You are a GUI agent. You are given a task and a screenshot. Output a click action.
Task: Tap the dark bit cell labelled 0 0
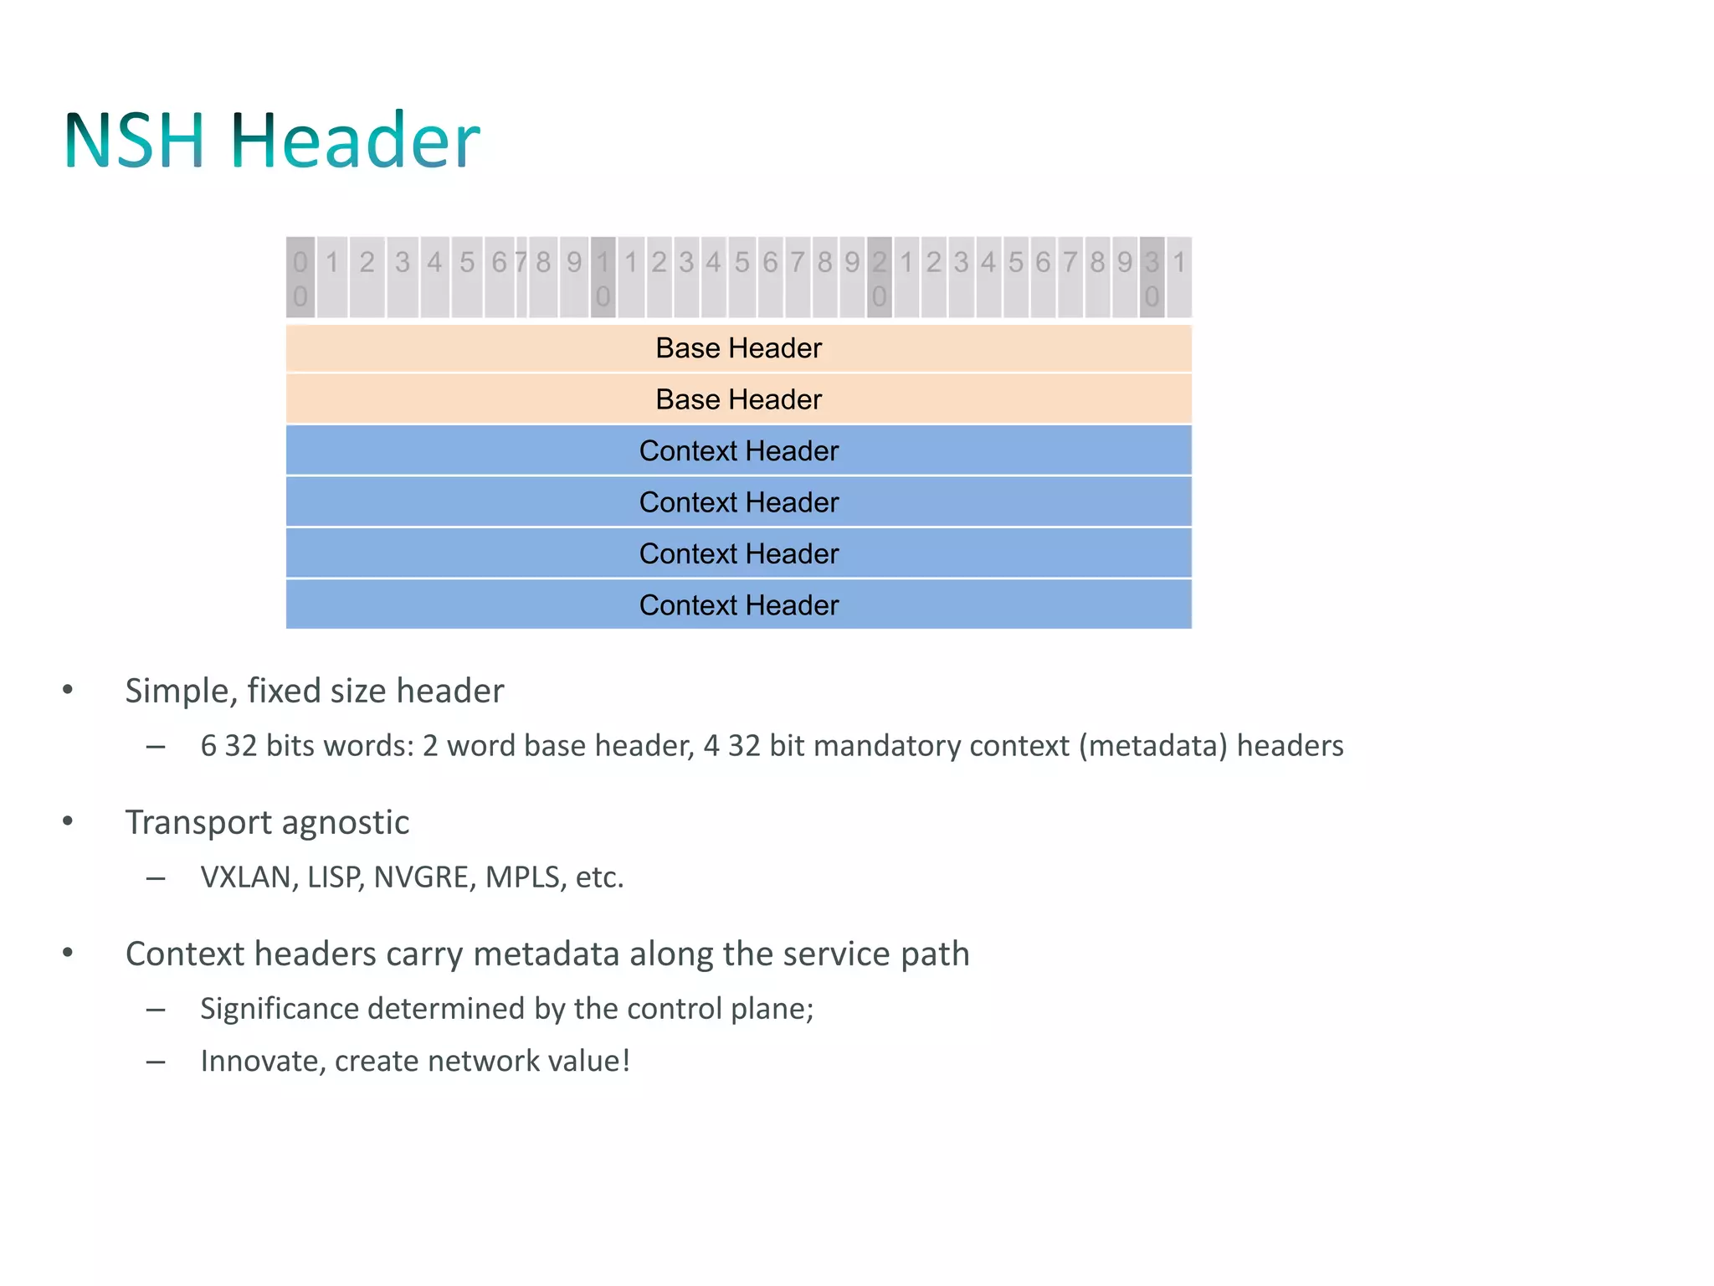[x=300, y=278]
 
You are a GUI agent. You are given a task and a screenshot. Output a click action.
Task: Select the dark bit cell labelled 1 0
[x=603, y=278]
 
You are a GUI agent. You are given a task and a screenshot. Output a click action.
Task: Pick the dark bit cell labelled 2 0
[x=879, y=278]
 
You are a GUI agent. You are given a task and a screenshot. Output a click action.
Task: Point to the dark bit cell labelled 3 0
[x=1152, y=278]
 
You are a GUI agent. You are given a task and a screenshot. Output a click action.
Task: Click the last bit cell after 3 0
[x=1179, y=278]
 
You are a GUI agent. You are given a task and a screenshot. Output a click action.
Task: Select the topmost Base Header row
[x=738, y=348]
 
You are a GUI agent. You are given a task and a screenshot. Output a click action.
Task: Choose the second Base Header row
[x=738, y=399]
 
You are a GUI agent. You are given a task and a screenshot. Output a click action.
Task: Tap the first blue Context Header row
[x=738, y=451]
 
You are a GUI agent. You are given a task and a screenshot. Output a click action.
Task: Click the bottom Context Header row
[x=738, y=604]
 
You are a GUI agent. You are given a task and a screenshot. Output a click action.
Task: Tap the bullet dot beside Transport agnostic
[x=68, y=821]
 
